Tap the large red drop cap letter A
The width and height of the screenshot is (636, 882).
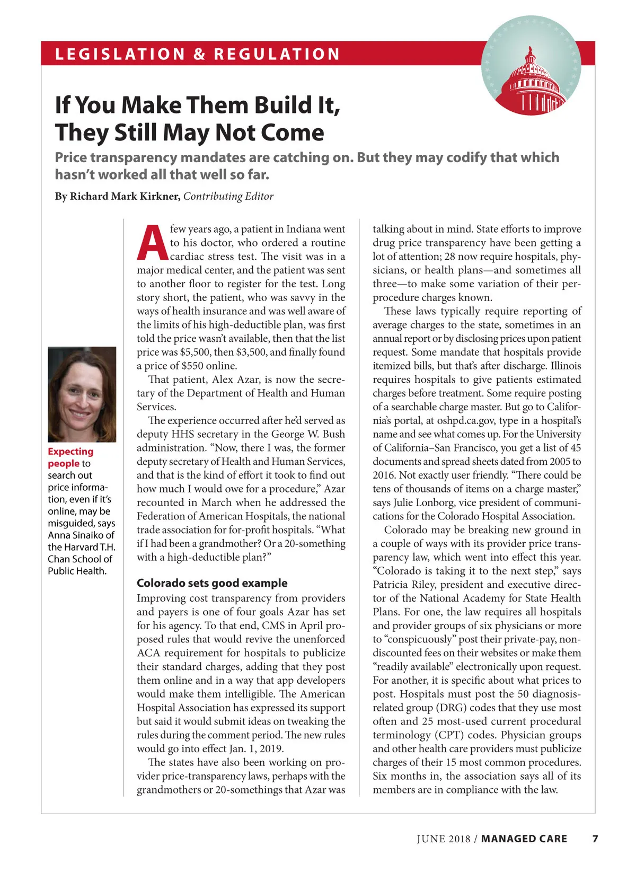152,243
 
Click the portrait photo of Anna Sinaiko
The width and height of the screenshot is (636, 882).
82,394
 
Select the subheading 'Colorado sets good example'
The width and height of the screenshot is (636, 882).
212,583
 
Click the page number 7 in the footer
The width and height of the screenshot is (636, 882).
595,839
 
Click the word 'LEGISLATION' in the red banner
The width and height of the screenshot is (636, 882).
120,54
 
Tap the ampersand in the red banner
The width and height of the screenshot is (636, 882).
199,54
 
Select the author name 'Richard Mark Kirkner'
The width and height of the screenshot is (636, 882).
124,196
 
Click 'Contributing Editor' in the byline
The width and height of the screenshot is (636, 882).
228,196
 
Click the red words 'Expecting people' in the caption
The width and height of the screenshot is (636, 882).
70,457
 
